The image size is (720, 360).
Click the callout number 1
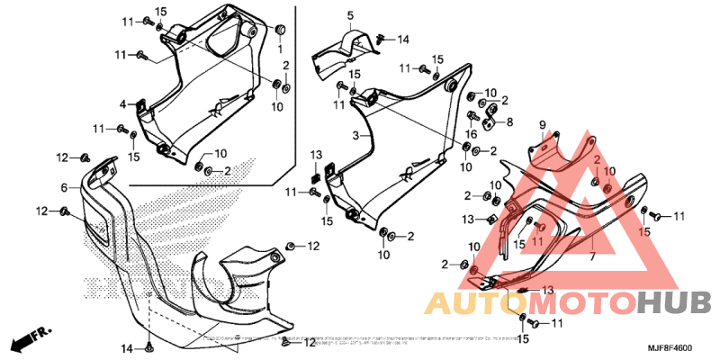(280, 46)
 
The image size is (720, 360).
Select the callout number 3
(355, 136)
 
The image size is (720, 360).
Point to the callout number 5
(350, 15)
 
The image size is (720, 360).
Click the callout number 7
(592, 256)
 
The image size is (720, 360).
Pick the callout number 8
(508, 121)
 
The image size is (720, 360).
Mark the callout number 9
(543, 123)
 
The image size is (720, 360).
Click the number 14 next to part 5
(403, 39)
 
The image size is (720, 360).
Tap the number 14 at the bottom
(127, 348)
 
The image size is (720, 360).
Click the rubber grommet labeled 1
(280, 26)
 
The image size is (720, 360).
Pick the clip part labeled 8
(491, 116)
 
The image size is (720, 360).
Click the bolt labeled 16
(472, 117)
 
